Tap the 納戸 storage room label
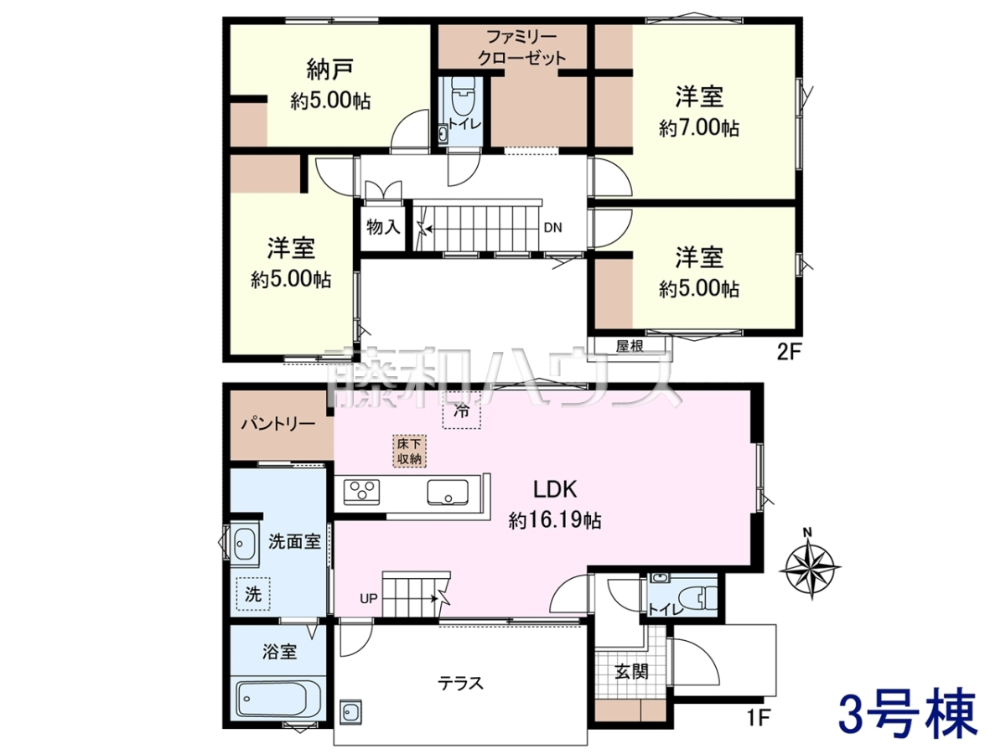(x=330, y=71)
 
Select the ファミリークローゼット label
(x=521, y=48)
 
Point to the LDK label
(x=555, y=489)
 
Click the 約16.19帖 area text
(x=555, y=520)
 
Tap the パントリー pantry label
(x=278, y=425)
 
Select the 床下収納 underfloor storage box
(x=409, y=451)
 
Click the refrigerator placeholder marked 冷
(x=462, y=411)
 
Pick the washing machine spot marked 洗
(x=253, y=593)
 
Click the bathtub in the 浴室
(x=278, y=699)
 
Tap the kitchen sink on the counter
(x=448, y=492)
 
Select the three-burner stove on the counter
(x=361, y=492)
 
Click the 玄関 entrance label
(x=631, y=672)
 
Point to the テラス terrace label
(x=460, y=684)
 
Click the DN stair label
(x=552, y=228)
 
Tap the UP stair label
(x=369, y=598)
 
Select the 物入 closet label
(x=383, y=226)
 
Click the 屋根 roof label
(x=630, y=346)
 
